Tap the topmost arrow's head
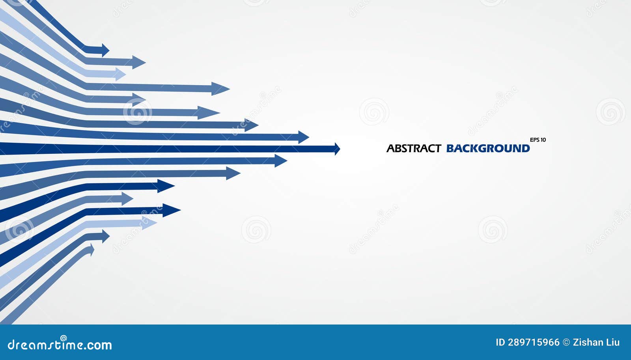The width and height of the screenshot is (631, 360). tap(105, 50)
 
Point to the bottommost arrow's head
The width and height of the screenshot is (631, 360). tap(92, 250)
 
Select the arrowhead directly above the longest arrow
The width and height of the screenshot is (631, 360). tap(303, 137)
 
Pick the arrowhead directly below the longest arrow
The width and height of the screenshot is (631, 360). tap(281, 160)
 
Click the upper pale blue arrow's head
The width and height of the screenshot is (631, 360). tap(120, 74)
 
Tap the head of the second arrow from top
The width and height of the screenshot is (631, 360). tap(139, 62)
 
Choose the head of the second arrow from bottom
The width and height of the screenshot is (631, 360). tap(105, 236)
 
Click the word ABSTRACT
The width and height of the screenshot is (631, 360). tap(413, 149)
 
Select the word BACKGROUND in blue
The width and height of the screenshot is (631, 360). tap(488, 149)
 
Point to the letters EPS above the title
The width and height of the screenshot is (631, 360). tap(534, 140)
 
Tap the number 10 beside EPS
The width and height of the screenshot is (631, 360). tap(543, 140)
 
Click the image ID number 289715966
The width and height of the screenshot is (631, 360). tap(534, 342)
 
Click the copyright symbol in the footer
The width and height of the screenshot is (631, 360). tap(566, 342)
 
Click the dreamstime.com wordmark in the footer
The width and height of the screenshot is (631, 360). tap(60, 345)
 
